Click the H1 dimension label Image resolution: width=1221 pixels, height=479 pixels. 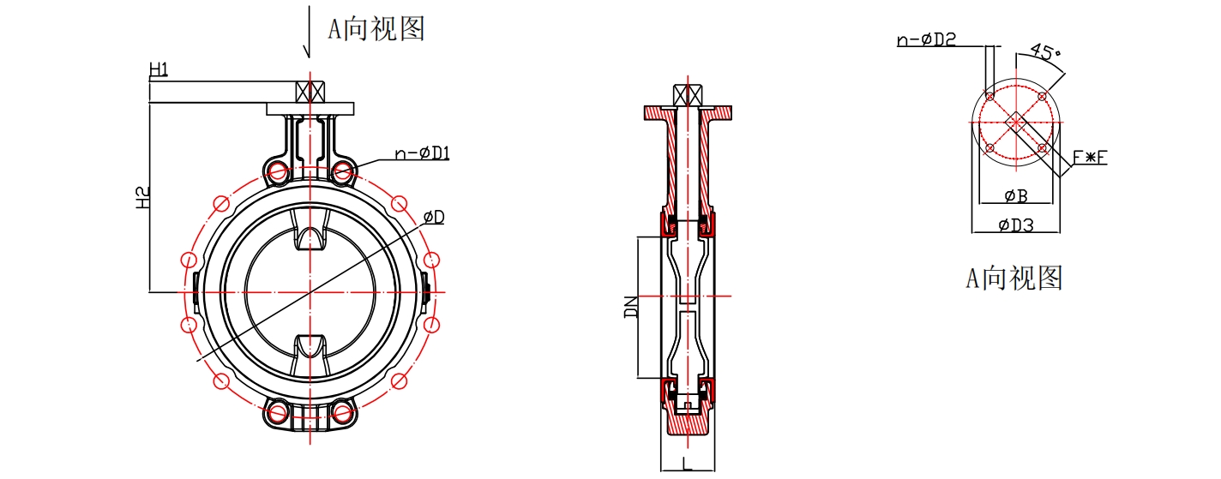coord(159,69)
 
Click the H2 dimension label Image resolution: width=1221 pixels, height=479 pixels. coord(144,198)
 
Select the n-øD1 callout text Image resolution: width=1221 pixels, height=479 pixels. coord(422,153)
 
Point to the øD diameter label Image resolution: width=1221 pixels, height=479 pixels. coord(434,218)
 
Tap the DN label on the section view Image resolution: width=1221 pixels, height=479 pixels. coord(631,307)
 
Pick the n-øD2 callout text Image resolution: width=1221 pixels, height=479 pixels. coord(926,39)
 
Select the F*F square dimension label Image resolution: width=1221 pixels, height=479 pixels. coord(1090,157)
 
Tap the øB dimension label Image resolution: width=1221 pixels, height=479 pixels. coord(1016,196)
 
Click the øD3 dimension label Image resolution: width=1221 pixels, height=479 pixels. coord(1016,225)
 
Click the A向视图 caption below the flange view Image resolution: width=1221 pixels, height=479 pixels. coord(1014,277)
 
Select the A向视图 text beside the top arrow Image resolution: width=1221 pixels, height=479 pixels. coord(376,28)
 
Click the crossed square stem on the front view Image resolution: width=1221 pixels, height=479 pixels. coord(309,92)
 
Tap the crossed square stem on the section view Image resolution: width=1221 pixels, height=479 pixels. coord(688,94)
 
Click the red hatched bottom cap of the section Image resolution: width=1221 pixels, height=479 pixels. coord(688,422)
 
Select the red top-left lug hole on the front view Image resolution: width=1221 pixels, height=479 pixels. coord(278,172)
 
